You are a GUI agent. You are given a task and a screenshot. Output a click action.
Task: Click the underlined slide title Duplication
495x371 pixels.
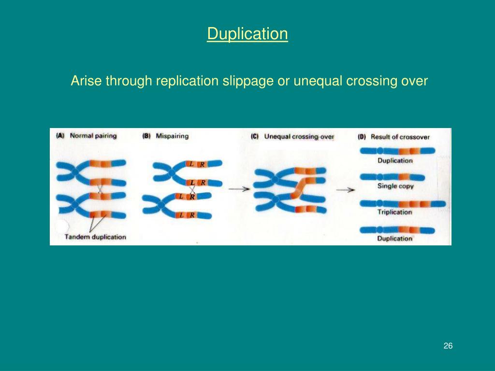247,34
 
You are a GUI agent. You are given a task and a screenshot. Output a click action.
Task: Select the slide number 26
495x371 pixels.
448,346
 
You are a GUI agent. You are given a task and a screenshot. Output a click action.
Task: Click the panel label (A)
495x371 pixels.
60,136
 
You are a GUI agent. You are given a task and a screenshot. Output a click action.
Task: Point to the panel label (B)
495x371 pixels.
146,136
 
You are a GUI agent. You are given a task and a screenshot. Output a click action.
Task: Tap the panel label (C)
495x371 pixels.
255,137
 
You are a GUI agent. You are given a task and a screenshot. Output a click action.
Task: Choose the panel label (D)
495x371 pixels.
362,137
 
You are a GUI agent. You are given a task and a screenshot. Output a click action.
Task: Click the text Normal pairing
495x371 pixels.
93,136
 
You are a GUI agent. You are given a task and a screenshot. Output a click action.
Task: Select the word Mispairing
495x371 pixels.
172,136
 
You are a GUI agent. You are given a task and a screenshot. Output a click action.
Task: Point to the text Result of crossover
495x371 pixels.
400,137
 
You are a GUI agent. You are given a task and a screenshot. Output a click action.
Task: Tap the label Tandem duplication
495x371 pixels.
95,237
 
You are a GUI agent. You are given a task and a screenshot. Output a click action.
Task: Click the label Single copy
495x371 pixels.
395,186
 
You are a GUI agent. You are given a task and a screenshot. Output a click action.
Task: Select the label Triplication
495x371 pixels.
395,212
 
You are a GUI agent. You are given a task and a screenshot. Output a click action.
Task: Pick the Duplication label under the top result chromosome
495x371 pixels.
395,160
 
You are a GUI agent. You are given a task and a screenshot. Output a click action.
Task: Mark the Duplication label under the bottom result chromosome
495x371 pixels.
395,238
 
